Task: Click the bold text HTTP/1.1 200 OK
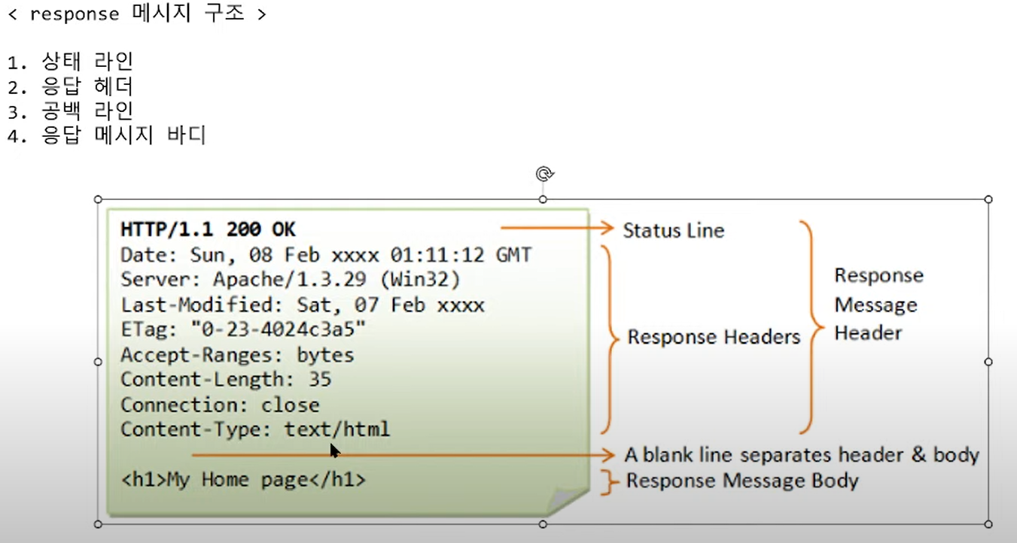pos(209,229)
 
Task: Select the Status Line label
pos(673,230)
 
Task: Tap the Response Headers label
pos(714,337)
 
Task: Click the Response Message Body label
pos(742,481)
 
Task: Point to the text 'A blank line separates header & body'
pos(801,455)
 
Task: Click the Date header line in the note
pos(326,256)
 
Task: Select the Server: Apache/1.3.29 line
pos(290,280)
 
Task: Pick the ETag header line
pos(243,329)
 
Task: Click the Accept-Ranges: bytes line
pos(237,355)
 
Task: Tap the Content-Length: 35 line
pos(226,380)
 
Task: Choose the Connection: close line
pos(220,405)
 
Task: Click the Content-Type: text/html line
pos(255,429)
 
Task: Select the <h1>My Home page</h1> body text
pos(243,480)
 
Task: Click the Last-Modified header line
pos(302,305)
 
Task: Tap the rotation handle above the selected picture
pos(544,174)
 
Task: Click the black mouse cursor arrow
pos(335,450)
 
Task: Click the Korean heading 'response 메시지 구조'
pos(137,14)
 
